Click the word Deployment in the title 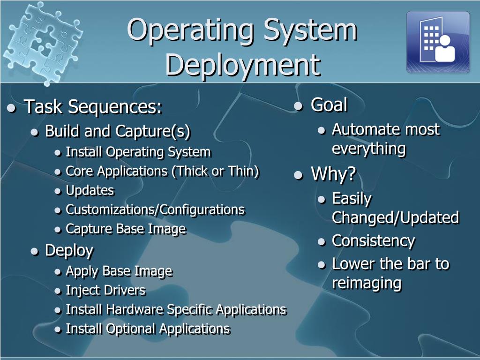(x=242, y=65)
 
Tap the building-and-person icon (x=438, y=42)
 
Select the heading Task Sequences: (x=93, y=107)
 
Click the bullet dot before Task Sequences (x=12, y=109)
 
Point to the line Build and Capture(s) (x=118, y=131)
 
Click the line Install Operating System (x=138, y=152)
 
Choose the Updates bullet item (x=90, y=190)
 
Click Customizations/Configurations (x=155, y=210)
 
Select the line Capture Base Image (x=126, y=229)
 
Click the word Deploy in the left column (x=69, y=250)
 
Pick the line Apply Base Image (x=119, y=271)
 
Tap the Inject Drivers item (x=105, y=290)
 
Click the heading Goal (x=329, y=105)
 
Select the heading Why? (x=333, y=174)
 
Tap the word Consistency (x=373, y=241)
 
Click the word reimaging (x=367, y=283)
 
